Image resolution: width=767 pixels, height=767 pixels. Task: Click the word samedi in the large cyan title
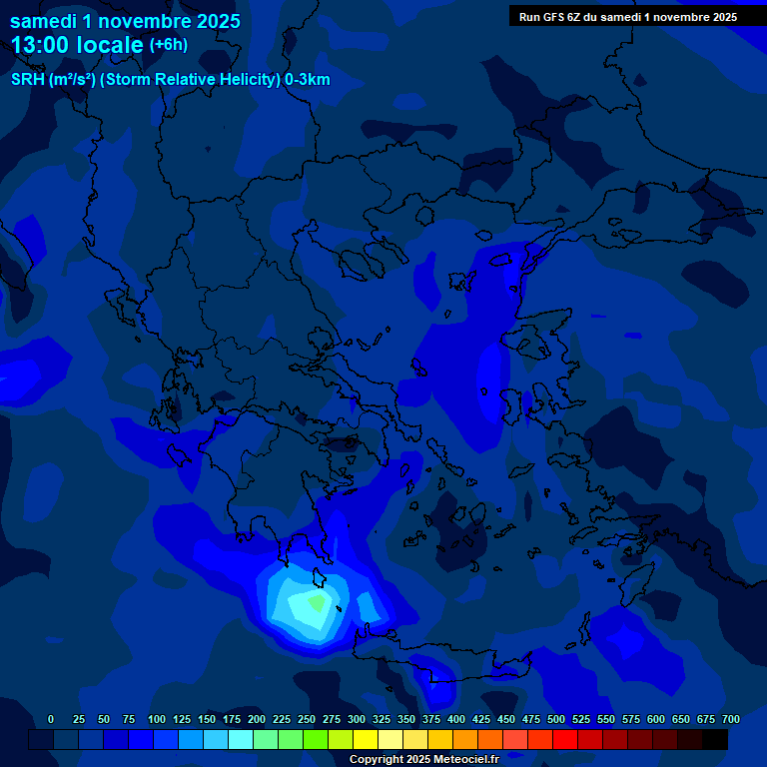point(43,21)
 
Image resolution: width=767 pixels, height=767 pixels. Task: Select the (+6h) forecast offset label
point(168,45)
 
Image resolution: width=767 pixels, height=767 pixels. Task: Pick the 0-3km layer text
point(307,80)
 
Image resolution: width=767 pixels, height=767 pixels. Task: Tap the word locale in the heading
point(110,45)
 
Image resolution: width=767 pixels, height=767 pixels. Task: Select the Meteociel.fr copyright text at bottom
point(422,759)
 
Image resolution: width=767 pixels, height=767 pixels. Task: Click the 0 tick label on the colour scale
point(51,719)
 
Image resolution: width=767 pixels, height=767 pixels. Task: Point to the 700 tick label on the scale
point(731,719)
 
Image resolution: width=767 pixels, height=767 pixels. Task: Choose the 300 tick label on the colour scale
point(357,719)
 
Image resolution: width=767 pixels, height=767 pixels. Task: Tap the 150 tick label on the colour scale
point(207,719)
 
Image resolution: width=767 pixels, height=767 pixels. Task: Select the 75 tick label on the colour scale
point(129,719)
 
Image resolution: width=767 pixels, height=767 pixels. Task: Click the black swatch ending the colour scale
point(715,739)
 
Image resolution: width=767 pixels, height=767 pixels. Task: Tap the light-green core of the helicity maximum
point(318,602)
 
